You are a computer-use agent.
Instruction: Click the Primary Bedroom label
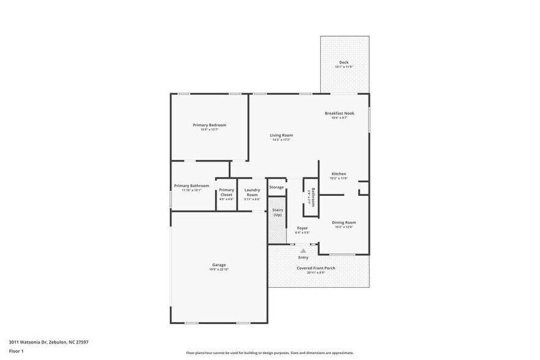click(209, 125)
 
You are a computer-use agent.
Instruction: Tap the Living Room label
click(282, 135)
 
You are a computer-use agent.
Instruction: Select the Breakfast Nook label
click(339, 113)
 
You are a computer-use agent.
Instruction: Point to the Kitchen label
click(339, 174)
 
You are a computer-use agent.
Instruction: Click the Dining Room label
click(343, 222)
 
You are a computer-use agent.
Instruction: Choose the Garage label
click(219, 265)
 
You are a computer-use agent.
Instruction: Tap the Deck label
click(343, 62)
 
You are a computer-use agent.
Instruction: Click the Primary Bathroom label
click(191, 186)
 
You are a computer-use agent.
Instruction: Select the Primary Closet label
click(227, 192)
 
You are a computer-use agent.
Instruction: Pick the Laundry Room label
click(252, 192)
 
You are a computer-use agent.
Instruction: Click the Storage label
click(276, 187)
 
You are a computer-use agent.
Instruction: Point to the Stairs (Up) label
click(277, 212)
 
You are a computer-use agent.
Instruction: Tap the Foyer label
click(302, 228)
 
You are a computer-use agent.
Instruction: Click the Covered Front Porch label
click(316, 268)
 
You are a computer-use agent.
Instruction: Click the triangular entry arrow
click(303, 250)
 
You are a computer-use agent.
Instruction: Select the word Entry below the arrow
click(303, 258)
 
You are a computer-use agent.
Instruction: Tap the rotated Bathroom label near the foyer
click(312, 197)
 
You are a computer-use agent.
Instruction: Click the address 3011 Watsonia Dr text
click(48, 342)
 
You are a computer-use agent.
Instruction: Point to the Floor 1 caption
click(16, 351)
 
